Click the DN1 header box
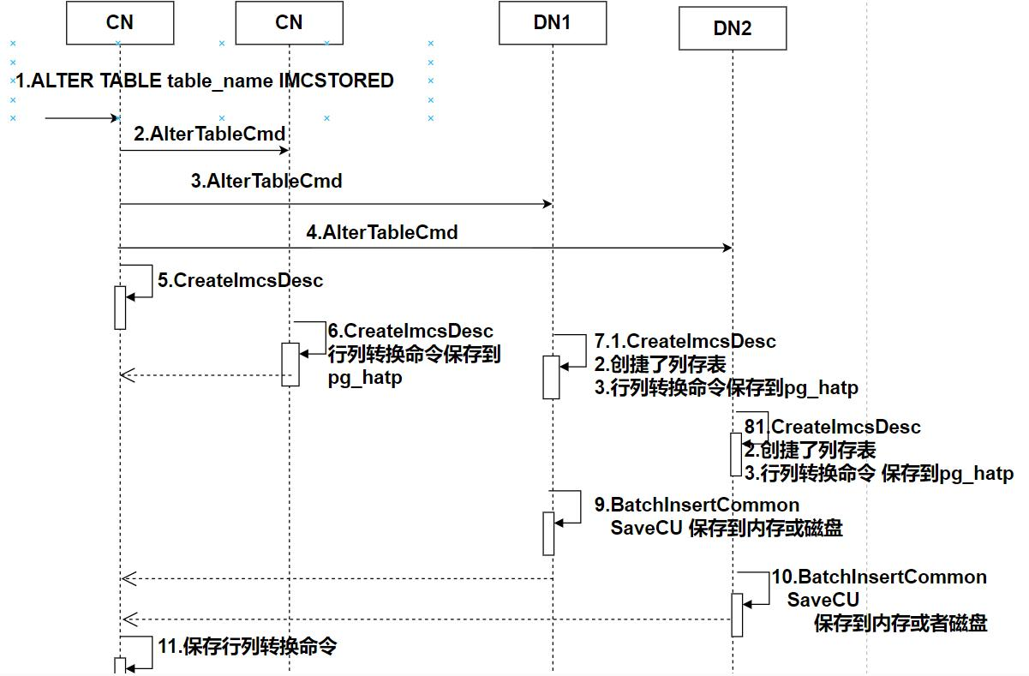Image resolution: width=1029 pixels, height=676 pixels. [x=553, y=22]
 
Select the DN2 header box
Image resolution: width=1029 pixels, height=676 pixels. [x=733, y=28]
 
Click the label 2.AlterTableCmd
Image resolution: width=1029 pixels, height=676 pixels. [x=209, y=135]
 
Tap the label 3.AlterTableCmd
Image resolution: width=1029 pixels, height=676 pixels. [x=266, y=181]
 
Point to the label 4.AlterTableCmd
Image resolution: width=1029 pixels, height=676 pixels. [x=382, y=232]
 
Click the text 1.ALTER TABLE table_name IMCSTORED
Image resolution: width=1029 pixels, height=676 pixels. [x=205, y=81]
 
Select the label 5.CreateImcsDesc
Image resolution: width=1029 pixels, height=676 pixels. [x=240, y=280]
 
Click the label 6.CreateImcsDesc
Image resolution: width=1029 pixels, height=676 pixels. [x=410, y=331]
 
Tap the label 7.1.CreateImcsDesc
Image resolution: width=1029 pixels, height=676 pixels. [x=685, y=341]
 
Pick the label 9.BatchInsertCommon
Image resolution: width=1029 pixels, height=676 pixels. [x=697, y=505]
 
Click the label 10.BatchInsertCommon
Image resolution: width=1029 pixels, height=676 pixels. [x=879, y=577]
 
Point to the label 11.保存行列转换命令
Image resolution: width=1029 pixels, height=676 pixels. [x=247, y=647]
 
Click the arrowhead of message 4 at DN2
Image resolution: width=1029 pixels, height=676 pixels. [x=727, y=248]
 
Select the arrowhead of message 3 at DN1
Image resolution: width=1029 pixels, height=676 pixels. [x=547, y=204]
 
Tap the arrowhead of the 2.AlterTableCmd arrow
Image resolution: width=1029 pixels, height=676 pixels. [x=284, y=150]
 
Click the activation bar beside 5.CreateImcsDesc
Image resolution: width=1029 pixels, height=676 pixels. [x=120, y=308]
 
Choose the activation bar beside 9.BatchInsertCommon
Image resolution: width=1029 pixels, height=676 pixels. [x=548, y=534]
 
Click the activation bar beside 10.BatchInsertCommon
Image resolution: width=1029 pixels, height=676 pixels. [x=737, y=615]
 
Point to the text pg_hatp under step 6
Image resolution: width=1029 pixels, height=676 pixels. [x=365, y=379]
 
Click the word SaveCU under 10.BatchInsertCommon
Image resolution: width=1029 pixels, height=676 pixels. [x=823, y=600]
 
